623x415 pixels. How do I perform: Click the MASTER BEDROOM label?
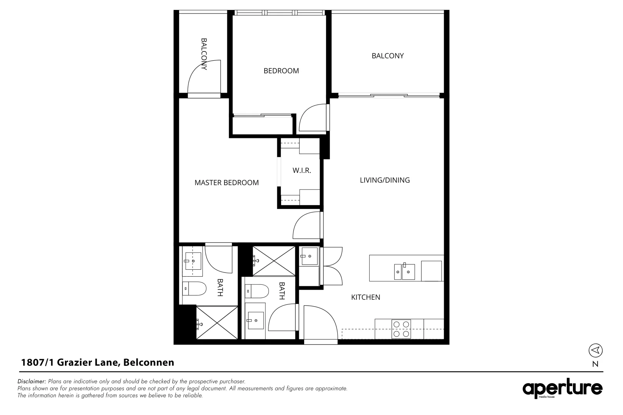(x=227, y=183)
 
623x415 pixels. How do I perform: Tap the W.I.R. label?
(x=302, y=171)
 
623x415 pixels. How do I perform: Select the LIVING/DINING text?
(x=385, y=180)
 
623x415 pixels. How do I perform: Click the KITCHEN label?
(x=366, y=297)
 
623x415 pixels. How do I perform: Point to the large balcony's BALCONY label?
(x=388, y=56)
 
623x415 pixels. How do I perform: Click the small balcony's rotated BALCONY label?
(x=204, y=54)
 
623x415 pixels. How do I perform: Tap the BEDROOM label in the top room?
(x=281, y=71)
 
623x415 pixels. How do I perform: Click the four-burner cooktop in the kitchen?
(x=401, y=329)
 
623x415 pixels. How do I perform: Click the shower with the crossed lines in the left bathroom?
(x=217, y=322)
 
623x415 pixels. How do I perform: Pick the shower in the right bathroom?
(x=273, y=261)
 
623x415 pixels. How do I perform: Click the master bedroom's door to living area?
(x=307, y=227)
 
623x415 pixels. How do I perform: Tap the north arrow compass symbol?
(x=595, y=350)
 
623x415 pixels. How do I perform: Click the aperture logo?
(x=562, y=389)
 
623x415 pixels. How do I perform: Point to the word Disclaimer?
(x=32, y=382)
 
